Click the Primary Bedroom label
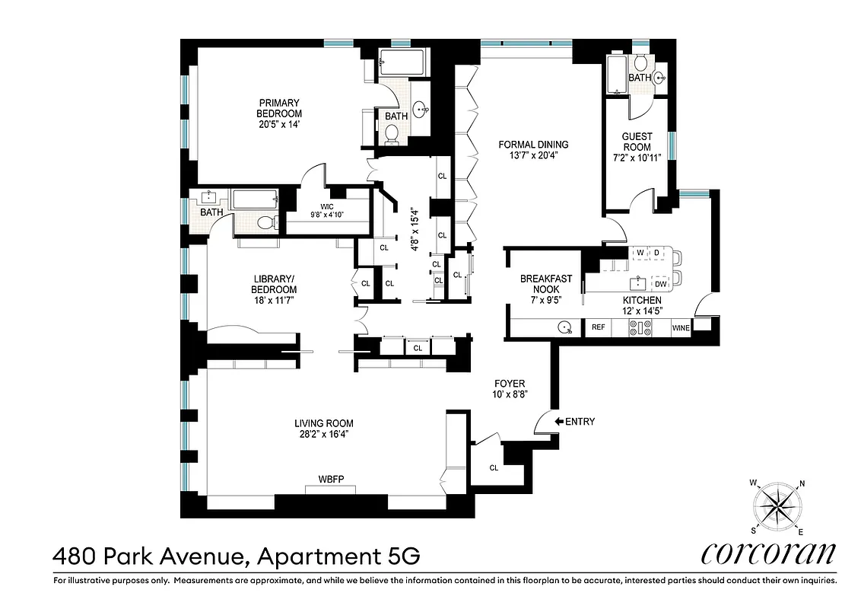[x=278, y=103]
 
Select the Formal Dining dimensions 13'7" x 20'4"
[x=533, y=157]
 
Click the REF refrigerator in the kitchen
[x=598, y=327]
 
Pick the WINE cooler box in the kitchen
[x=681, y=327]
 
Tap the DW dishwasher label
[x=660, y=284]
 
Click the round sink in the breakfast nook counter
[x=564, y=327]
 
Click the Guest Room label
[x=637, y=142]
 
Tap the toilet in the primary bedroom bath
[x=392, y=134]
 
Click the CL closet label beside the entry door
[x=494, y=467]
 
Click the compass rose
[x=777, y=505]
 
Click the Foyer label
[x=510, y=384]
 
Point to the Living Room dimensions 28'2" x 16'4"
[x=324, y=435]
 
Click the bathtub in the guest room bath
[x=617, y=74]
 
